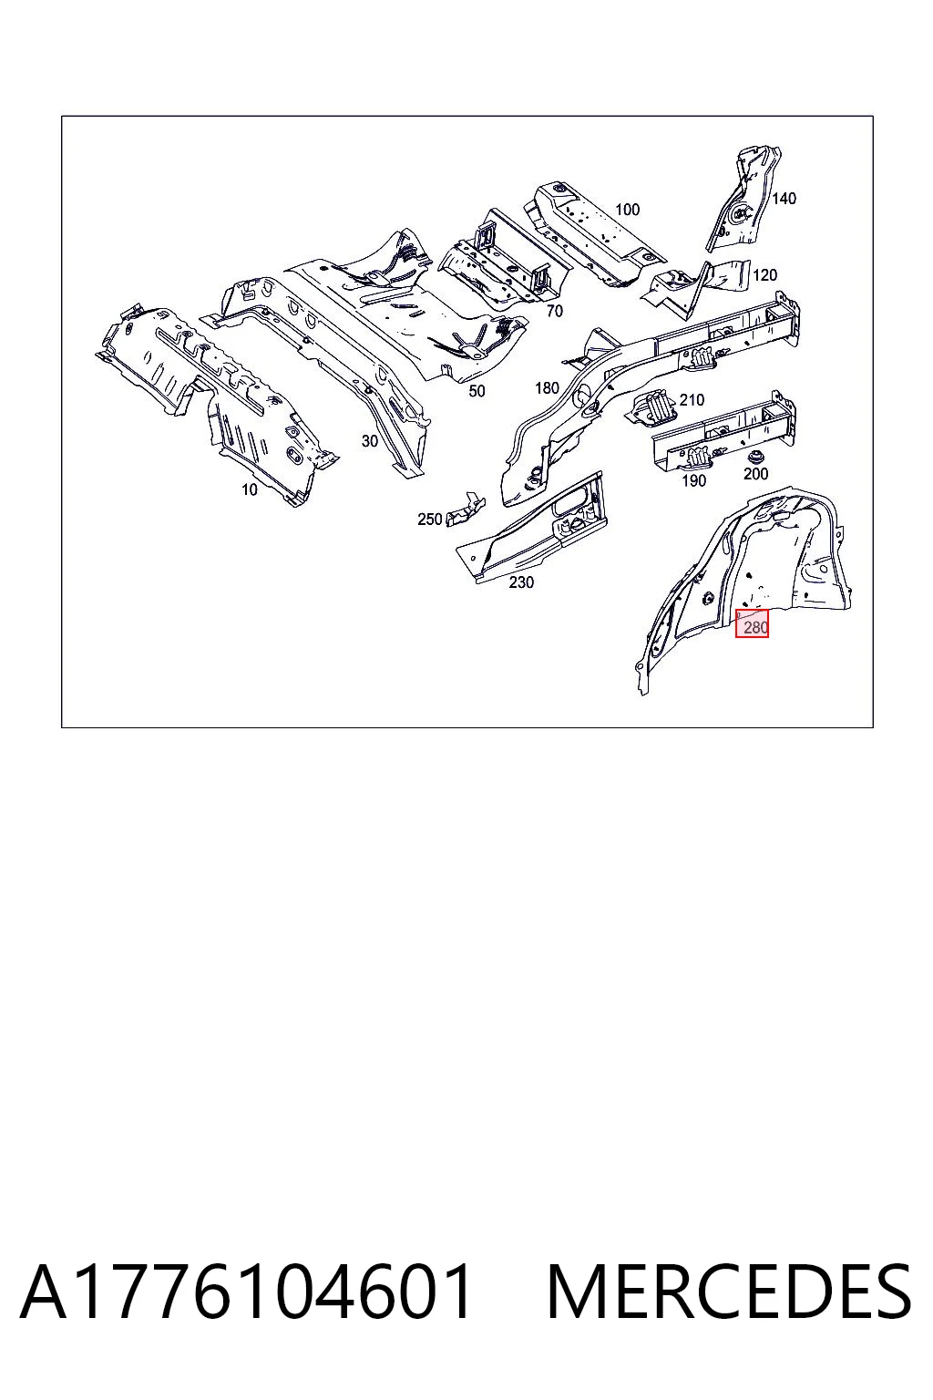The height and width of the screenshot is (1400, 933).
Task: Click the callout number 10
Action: (x=250, y=490)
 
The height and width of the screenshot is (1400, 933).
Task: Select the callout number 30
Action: (x=369, y=441)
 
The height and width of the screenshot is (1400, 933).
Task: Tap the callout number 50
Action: (x=477, y=391)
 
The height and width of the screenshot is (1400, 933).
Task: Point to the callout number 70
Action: (x=554, y=311)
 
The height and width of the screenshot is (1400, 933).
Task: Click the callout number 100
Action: (x=628, y=210)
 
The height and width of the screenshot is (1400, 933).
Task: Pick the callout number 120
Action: (x=765, y=275)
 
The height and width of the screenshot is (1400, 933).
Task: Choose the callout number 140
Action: (x=784, y=199)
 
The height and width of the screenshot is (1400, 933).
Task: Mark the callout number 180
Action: (x=547, y=388)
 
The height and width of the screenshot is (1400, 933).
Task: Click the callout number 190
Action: (x=693, y=480)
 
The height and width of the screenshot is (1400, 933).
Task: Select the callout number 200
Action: (x=756, y=474)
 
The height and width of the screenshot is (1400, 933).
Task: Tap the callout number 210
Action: (x=692, y=400)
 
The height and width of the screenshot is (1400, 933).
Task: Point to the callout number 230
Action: (x=521, y=582)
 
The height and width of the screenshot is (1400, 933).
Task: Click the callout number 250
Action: (x=430, y=520)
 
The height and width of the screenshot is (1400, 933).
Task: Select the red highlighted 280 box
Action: (x=752, y=623)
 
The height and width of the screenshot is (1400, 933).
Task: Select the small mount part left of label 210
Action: (x=651, y=408)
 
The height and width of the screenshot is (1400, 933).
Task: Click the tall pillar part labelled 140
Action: (x=742, y=198)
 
